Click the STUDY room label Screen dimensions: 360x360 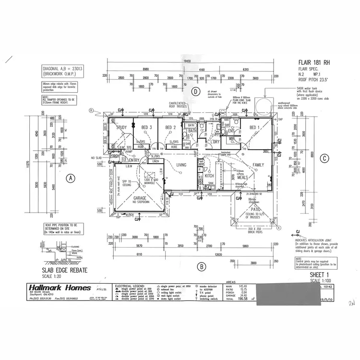121,127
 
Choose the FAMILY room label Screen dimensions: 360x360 258,165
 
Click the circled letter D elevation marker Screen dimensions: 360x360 195,91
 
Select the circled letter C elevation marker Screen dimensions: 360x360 324,158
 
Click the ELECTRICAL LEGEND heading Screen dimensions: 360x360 130,285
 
